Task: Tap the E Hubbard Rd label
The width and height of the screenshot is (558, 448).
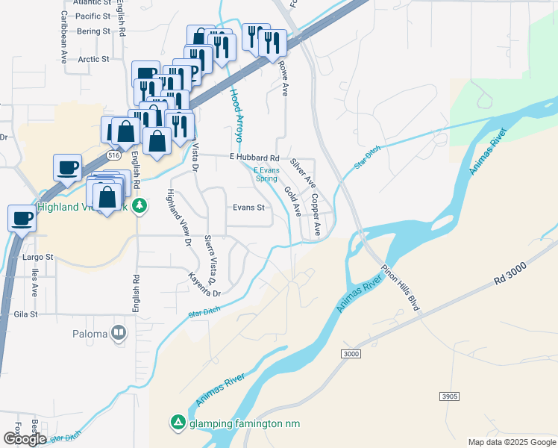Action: tap(254, 158)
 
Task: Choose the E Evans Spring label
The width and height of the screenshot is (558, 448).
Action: tap(266, 175)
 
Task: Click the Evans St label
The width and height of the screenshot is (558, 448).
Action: tap(249, 208)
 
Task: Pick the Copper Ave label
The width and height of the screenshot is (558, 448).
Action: tap(316, 216)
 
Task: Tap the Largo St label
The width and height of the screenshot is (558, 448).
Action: tap(38, 257)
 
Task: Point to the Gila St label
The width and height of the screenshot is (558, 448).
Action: tap(25, 314)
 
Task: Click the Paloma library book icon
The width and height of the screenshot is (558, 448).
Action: tap(119, 333)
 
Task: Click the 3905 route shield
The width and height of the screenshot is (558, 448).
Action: tap(449, 396)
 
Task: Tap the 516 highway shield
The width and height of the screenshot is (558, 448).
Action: tap(113, 155)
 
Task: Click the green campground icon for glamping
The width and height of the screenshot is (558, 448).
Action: tap(178, 423)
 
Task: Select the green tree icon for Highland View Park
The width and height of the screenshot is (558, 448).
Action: tap(139, 207)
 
